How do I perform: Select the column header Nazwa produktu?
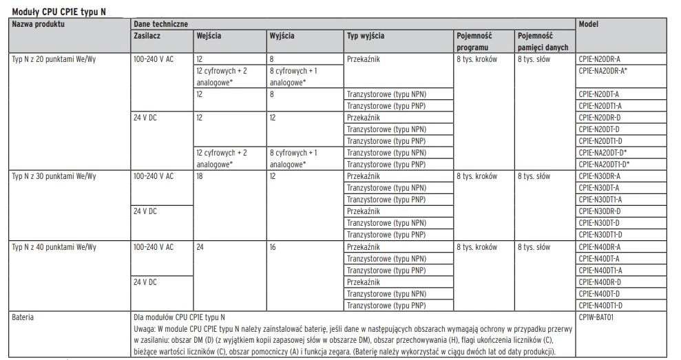tap(39, 24)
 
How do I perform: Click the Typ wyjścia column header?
tap(365, 35)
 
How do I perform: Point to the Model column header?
tap(589, 24)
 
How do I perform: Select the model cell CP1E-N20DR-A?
tap(600, 59)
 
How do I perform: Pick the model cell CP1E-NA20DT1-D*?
tap(604, 164)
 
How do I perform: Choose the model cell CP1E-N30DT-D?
tap(599, 223)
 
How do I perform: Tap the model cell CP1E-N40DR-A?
tap(600, 246)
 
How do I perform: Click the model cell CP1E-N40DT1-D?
tap(600, 305)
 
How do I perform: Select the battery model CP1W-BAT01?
tap(596, 319)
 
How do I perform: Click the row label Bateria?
tap(23, 319)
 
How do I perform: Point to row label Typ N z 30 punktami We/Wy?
tap(54, 176)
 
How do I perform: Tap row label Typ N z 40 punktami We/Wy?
tap(54, 246)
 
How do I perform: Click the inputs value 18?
tap(200, 176)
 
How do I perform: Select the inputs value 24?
tap(200, 246)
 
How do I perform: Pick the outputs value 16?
tap(273, 246)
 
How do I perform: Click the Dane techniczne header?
tap(160, 24)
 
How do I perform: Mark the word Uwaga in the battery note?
tap(143, 330)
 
